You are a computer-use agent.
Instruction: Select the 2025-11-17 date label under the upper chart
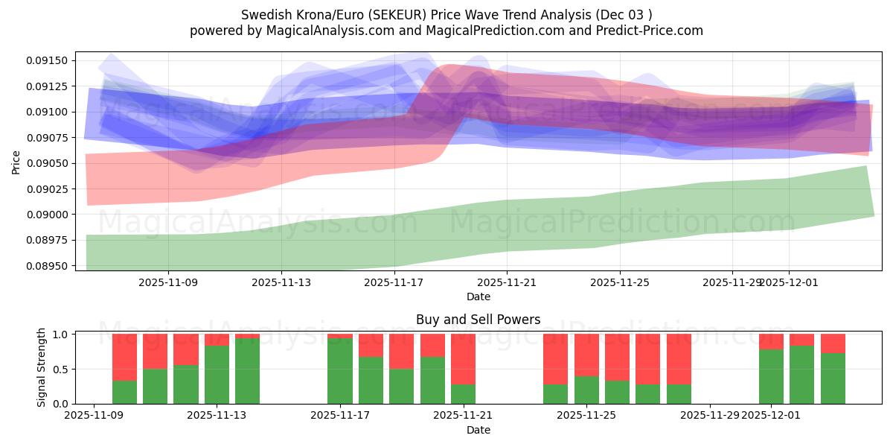pyautogui.click(x=394, y=282)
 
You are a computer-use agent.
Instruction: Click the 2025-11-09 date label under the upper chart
pyautogui.click(x=168, y=282)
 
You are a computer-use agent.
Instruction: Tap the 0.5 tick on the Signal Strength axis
pyautogui.click(x=61, y=369)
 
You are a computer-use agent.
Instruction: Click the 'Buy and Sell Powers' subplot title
pyautogui.click(x=478, y=320)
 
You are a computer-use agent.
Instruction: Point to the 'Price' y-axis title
pyautogui.click(x=16, y=162)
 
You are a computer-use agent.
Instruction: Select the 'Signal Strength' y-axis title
pyautogui.click(x=42, y=367)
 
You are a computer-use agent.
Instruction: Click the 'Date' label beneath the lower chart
pyautogui.click(x=478, y=430)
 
